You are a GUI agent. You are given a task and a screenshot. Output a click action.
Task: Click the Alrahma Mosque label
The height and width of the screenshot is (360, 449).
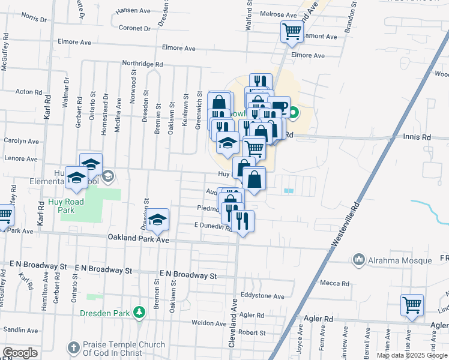(x=400, y=260)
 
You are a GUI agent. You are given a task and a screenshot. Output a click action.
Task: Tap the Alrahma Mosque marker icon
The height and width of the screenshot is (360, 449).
(x=360, y=259)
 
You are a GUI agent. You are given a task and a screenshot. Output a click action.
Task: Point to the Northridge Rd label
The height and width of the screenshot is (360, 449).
(x=142, y=63)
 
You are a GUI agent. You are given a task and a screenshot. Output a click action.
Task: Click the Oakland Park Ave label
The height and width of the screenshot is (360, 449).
(x=139, y=239)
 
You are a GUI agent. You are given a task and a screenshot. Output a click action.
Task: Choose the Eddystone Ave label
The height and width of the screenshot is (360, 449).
(x=262, y=296)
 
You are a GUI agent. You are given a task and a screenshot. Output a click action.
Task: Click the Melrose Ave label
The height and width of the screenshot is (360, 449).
(x=279, y=14)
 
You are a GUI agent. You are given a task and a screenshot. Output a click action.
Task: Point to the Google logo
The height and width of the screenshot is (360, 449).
(x=19, y=353)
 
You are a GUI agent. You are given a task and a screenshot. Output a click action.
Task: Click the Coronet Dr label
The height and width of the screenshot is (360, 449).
(x=134, y=28)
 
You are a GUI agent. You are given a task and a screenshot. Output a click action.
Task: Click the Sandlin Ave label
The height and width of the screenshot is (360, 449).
(x=21, y=330)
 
